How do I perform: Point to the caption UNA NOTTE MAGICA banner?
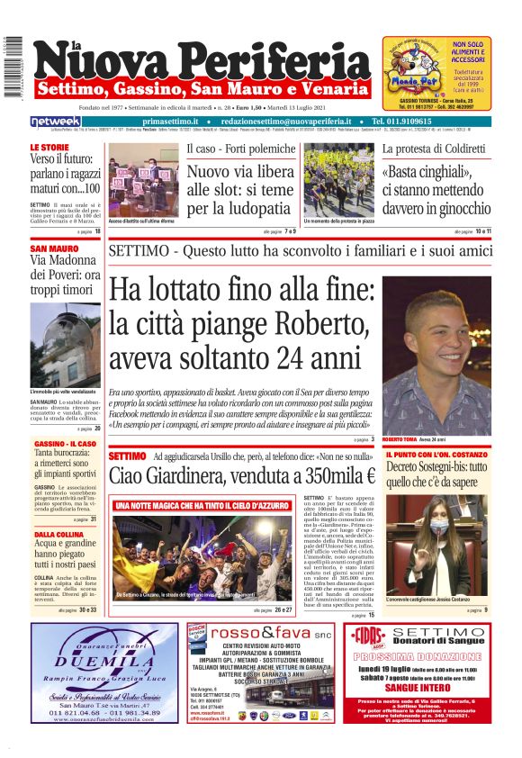[x=202, y=505]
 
